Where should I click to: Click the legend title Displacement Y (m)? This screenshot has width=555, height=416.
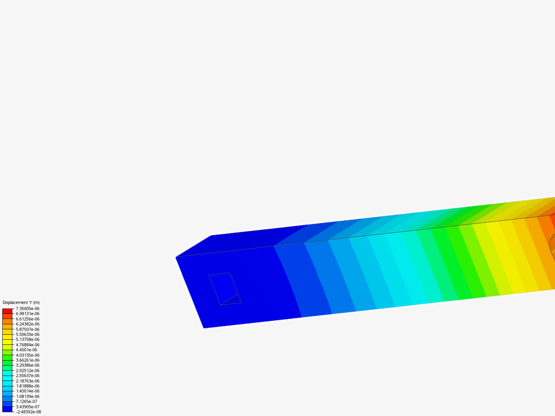(21, 302)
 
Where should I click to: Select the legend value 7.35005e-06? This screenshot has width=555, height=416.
(27, 309)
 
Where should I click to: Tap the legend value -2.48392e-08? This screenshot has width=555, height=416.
(28, 412)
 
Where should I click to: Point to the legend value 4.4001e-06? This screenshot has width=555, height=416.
(27, 350)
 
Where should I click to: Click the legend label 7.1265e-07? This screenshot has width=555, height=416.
(27, 401)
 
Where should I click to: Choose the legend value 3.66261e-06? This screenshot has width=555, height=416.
(27, 360)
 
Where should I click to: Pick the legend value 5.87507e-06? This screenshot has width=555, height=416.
(27, 329)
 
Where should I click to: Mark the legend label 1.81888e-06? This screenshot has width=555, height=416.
(27, 386)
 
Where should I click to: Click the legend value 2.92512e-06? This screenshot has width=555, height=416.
(27, 371)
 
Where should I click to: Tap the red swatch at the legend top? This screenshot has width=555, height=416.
(7, 311)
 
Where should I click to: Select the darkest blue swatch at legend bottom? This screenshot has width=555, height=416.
(7, 409)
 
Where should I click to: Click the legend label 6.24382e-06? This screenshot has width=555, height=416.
(27, 324)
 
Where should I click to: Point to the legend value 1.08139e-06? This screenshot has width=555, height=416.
(27, 396)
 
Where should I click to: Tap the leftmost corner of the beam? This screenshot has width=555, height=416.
(176, 257)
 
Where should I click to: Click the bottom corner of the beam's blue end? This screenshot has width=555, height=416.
(203, 328)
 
